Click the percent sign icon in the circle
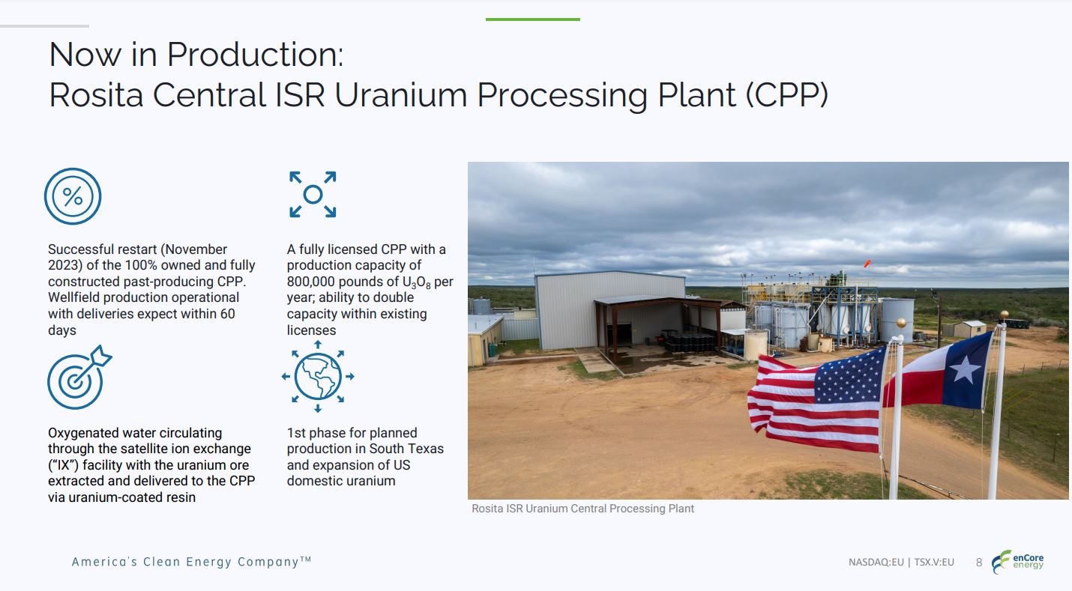point(73,196)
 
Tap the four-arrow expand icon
point(313,195)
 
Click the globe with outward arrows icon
point(318,376)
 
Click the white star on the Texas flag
point(966,370)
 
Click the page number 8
point(979,562)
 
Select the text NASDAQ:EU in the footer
point(876,562)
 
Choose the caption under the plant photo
point(582,509)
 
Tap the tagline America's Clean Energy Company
point(190,562)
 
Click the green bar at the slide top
point(532,19)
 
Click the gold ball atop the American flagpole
point(900,324)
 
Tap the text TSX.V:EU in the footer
point(934,562)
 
